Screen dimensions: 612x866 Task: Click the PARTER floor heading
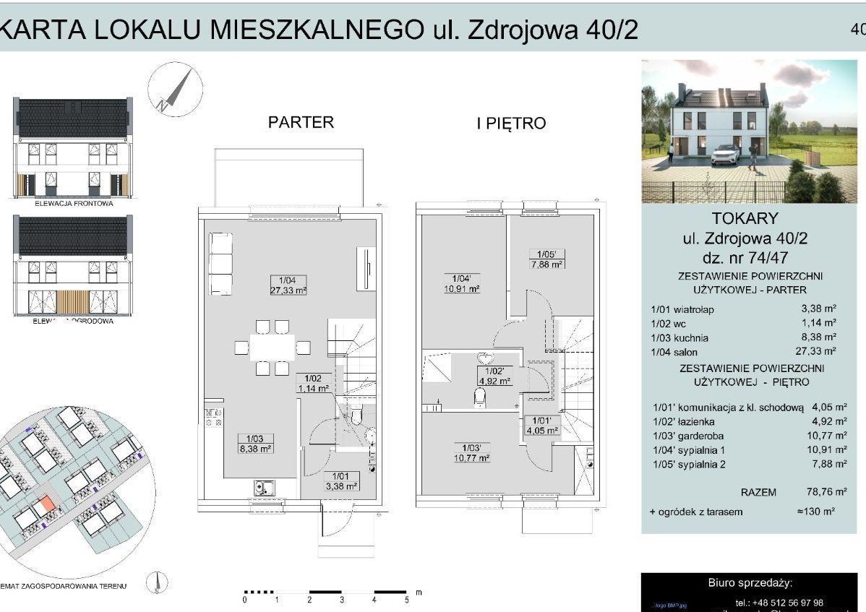(301, 122)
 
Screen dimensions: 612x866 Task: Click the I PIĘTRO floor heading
(511, 124)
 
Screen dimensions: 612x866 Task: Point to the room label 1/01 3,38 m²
(340, 481)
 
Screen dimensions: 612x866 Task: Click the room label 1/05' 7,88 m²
(546, 259)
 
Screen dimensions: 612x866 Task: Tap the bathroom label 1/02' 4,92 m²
(494, 376)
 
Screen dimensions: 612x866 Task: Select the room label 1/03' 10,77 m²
(471, 452)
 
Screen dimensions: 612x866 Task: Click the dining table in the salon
(273, 347)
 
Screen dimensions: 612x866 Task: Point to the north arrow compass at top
(171, 90)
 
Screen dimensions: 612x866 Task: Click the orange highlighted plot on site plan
(44, 504)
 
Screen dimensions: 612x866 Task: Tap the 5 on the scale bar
(406, 600)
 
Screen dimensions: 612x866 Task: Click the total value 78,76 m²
(826, 492)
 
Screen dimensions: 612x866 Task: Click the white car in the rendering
(726, 155)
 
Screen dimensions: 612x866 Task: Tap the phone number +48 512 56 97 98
(779, 603)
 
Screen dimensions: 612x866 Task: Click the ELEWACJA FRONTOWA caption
(74, 204)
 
